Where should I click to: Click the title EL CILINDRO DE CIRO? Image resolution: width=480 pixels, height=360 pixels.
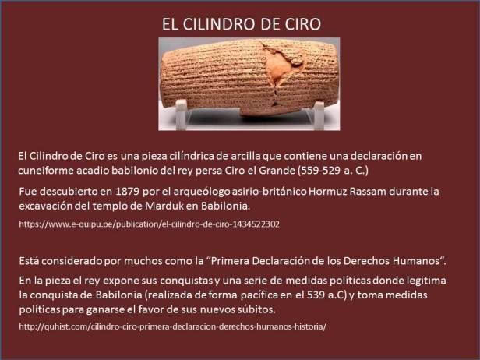pyautogui.click(x=240, y=23)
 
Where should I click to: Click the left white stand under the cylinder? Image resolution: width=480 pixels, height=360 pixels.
pyautogui.click(x=181, y=115)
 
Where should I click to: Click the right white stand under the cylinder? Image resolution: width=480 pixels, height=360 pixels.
pyautogui.click(x=317, y=115)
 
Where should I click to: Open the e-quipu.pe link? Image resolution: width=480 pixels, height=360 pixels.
pyautogui.click(x=149, y=224)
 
